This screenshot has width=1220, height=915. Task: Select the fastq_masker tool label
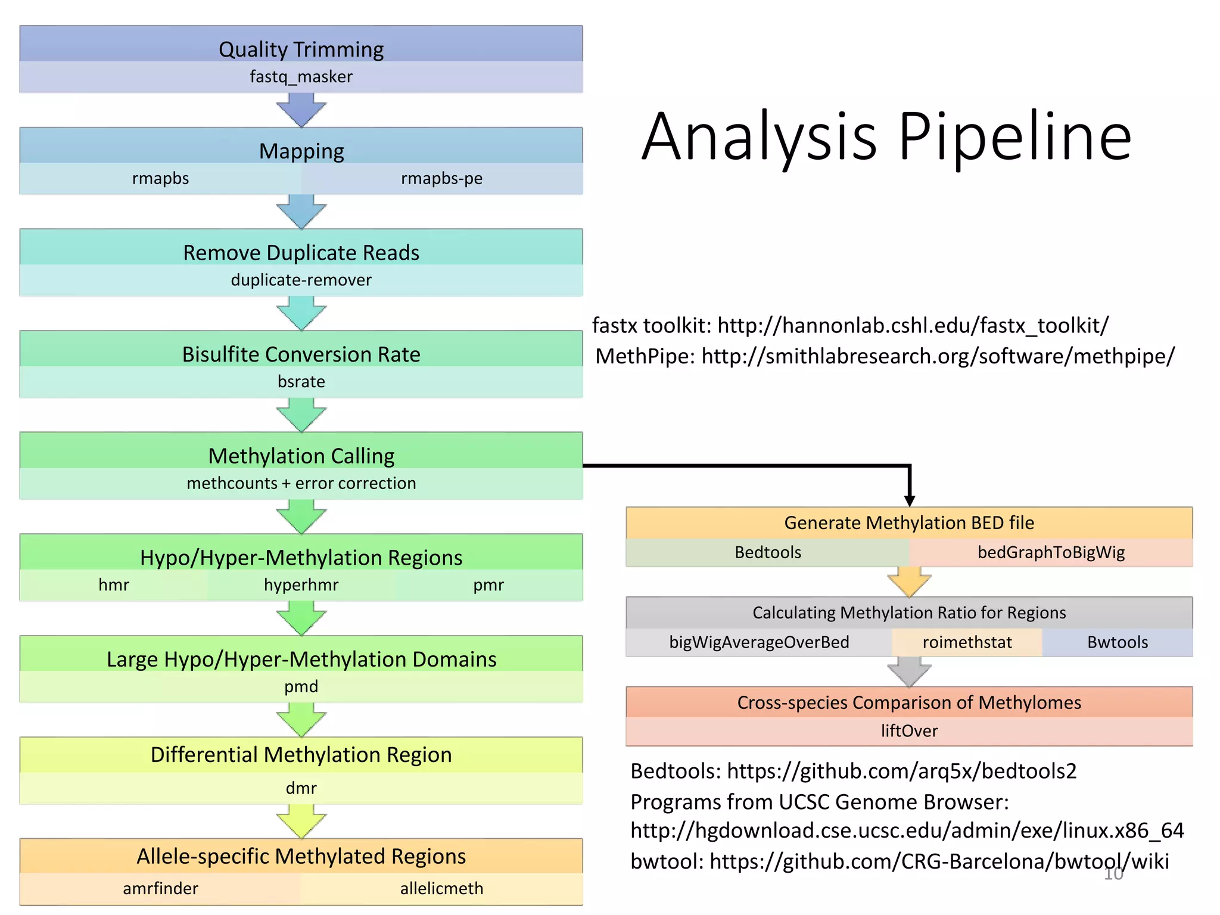coord(301,77)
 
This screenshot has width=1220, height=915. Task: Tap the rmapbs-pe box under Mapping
coord(441,178)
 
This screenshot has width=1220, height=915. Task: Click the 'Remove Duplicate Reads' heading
coord(301,253)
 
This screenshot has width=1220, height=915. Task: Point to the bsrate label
coord(301,381)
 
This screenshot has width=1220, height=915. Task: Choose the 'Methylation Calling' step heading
coord(301,456)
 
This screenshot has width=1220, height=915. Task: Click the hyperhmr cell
coord(301,585)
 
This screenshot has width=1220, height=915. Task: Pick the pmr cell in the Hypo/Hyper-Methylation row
coord(488,585)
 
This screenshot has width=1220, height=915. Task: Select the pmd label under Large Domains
coord(301,686)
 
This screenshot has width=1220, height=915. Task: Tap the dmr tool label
coord(301,788)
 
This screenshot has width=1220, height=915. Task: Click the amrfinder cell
coord(160,888)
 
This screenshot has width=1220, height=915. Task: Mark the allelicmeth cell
coord(441,888)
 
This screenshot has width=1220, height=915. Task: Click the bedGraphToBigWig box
coord(1051,552)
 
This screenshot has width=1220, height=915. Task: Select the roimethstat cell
coord(967,642)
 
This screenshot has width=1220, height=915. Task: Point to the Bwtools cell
coord(1118,642)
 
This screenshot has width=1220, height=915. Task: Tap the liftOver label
coord(909,731)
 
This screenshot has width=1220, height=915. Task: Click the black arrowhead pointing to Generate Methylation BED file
coord(909,499)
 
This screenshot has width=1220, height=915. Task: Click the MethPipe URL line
coord(885,356)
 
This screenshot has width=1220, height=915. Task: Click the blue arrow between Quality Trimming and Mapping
coord(301,111)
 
